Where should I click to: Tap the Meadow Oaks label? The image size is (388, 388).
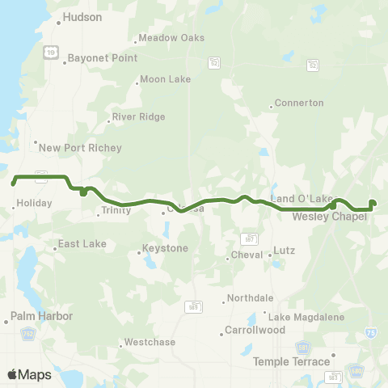coord(171,38)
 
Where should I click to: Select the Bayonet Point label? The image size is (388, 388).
coord(103,58)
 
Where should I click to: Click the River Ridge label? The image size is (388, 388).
coord(138,116)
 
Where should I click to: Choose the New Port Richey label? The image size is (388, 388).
coord(80,148)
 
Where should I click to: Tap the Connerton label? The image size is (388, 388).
coord(299,103)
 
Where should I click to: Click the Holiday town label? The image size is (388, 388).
coord(34,203)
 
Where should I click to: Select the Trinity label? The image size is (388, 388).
coord(111,211)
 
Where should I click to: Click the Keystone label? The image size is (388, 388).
coord(165,248)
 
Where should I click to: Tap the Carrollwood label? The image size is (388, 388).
coord(255,331)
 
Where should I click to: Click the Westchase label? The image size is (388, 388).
coord(150,342)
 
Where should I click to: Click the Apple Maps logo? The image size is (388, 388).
coord(29,374)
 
